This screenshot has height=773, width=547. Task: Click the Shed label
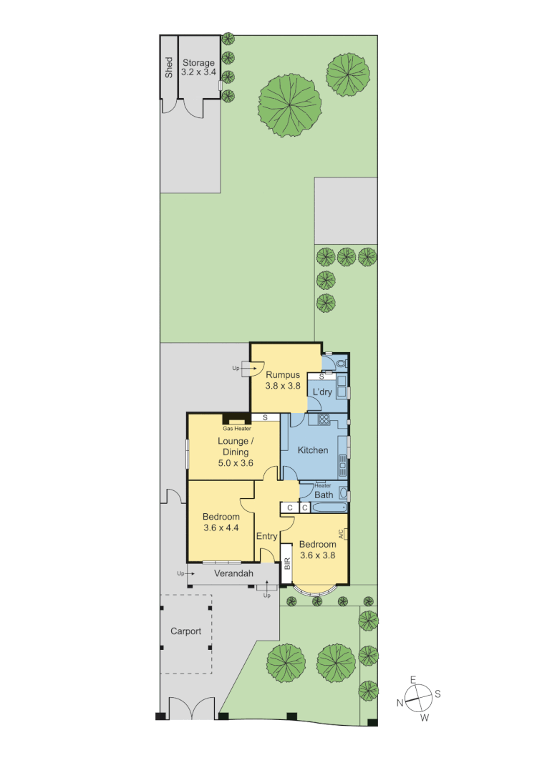[169, 67]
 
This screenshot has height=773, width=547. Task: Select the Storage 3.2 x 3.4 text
[198, 67]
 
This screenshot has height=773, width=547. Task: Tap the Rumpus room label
[282, 379]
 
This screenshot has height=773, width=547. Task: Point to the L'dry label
[322, 392]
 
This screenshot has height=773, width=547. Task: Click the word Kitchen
[313, 450]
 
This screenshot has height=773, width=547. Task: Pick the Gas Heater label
[236, 428]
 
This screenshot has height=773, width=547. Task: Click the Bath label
[324, 495]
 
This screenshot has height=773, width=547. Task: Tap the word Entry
[266, 537]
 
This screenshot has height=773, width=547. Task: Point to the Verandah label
[233, 573]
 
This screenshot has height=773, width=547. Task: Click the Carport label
[185, 631]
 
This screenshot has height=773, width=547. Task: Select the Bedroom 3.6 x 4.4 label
[221, 522]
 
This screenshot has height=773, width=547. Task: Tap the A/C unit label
[342, 533]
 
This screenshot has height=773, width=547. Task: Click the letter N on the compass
[400, 703]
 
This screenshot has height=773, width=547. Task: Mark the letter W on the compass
[424, 716]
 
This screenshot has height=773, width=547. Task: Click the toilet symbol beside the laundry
[341, 364]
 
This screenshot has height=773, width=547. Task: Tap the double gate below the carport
[191, 709]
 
